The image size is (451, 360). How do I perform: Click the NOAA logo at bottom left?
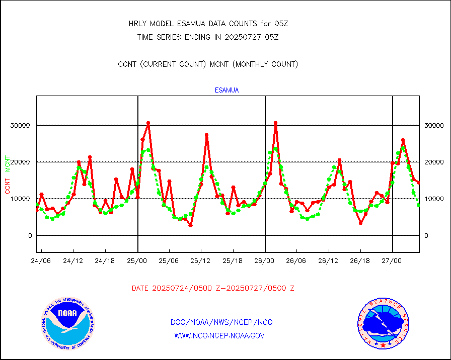(x=67, y=323)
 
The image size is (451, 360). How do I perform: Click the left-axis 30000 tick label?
(x=21, y=125)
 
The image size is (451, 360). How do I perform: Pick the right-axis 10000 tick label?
(x=434, y=199)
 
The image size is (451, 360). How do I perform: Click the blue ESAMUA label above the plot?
(x=227, y=91)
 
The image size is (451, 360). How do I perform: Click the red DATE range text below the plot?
(x=213, y=288)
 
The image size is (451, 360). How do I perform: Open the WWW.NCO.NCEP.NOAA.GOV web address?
(x=219, y=335)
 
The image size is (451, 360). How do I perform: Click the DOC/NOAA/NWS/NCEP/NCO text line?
(x=221, y=322)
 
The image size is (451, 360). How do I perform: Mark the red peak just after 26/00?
(x=275, y=123)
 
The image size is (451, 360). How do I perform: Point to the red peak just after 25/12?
(x=206, y=135)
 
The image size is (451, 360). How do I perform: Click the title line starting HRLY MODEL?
(x=208, y=24)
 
